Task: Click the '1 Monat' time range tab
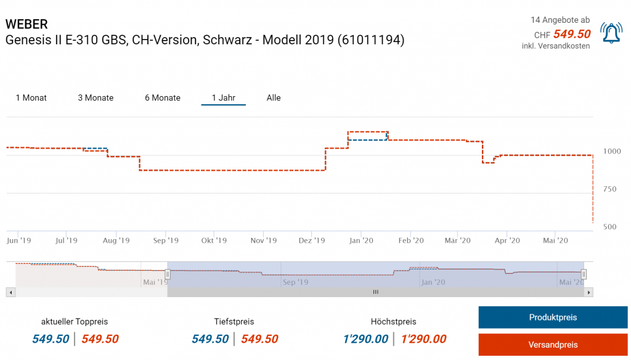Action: click(31, 98)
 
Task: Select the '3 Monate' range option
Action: click(96, 98)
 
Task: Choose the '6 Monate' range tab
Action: click(163, 98)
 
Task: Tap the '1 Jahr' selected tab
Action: click(223, 98)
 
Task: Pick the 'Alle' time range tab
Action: click(274, 98)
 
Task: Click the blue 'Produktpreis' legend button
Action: click(553, 317)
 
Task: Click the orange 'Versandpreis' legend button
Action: click(553, 345)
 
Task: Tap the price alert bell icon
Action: click(611, 33)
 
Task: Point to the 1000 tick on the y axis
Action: click(613, 151)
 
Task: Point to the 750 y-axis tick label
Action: click(609, 189)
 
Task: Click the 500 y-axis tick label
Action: click(609, 227)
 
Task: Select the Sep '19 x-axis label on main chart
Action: click(165, 240)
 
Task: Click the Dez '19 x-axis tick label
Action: click(311, 240)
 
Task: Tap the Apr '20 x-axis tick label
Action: click(507, 240)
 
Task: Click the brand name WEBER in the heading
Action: click(26, 24)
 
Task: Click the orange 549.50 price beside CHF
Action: click(572, 35)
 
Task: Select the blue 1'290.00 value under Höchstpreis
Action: click(365, 339)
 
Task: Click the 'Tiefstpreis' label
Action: click(234, 322)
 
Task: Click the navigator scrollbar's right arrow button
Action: click(588, 292)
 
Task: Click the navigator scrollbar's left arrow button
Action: click(9, 292)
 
